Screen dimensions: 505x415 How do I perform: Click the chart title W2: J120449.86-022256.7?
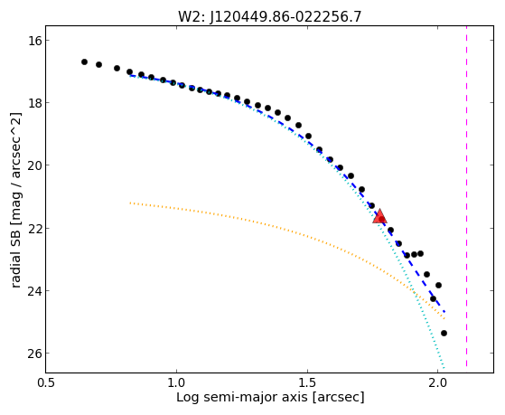(x=269, y=17)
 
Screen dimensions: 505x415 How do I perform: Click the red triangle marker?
(x=379, y=216)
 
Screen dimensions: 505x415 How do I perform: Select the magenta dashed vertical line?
(x=466, y=196)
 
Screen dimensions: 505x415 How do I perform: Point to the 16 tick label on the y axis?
(x=33, y=41)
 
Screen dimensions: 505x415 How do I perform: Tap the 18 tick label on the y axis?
(x=33, y=103)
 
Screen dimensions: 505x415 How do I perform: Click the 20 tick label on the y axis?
(x=33, y=165)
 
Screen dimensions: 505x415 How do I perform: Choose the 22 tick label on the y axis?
(x=33, y=229)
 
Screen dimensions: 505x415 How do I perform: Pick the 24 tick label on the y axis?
(x=33, y=291)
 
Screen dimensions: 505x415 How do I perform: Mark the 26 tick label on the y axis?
(x=33, y=354)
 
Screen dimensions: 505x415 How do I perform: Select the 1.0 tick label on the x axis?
(x=176, y=382)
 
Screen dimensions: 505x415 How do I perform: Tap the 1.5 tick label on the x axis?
(x=307, y=382)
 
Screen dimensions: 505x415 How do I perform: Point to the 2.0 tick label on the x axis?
(x=437, y=382)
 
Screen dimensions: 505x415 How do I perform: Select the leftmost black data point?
(x=84, y=61)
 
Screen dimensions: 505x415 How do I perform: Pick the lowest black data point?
(x=444, y=333)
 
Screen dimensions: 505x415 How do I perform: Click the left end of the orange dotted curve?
(x=130, y=203)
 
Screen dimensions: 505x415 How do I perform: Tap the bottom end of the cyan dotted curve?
(x=444, y=367)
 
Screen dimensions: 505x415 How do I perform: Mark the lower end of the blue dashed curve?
(x=444, y=312)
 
